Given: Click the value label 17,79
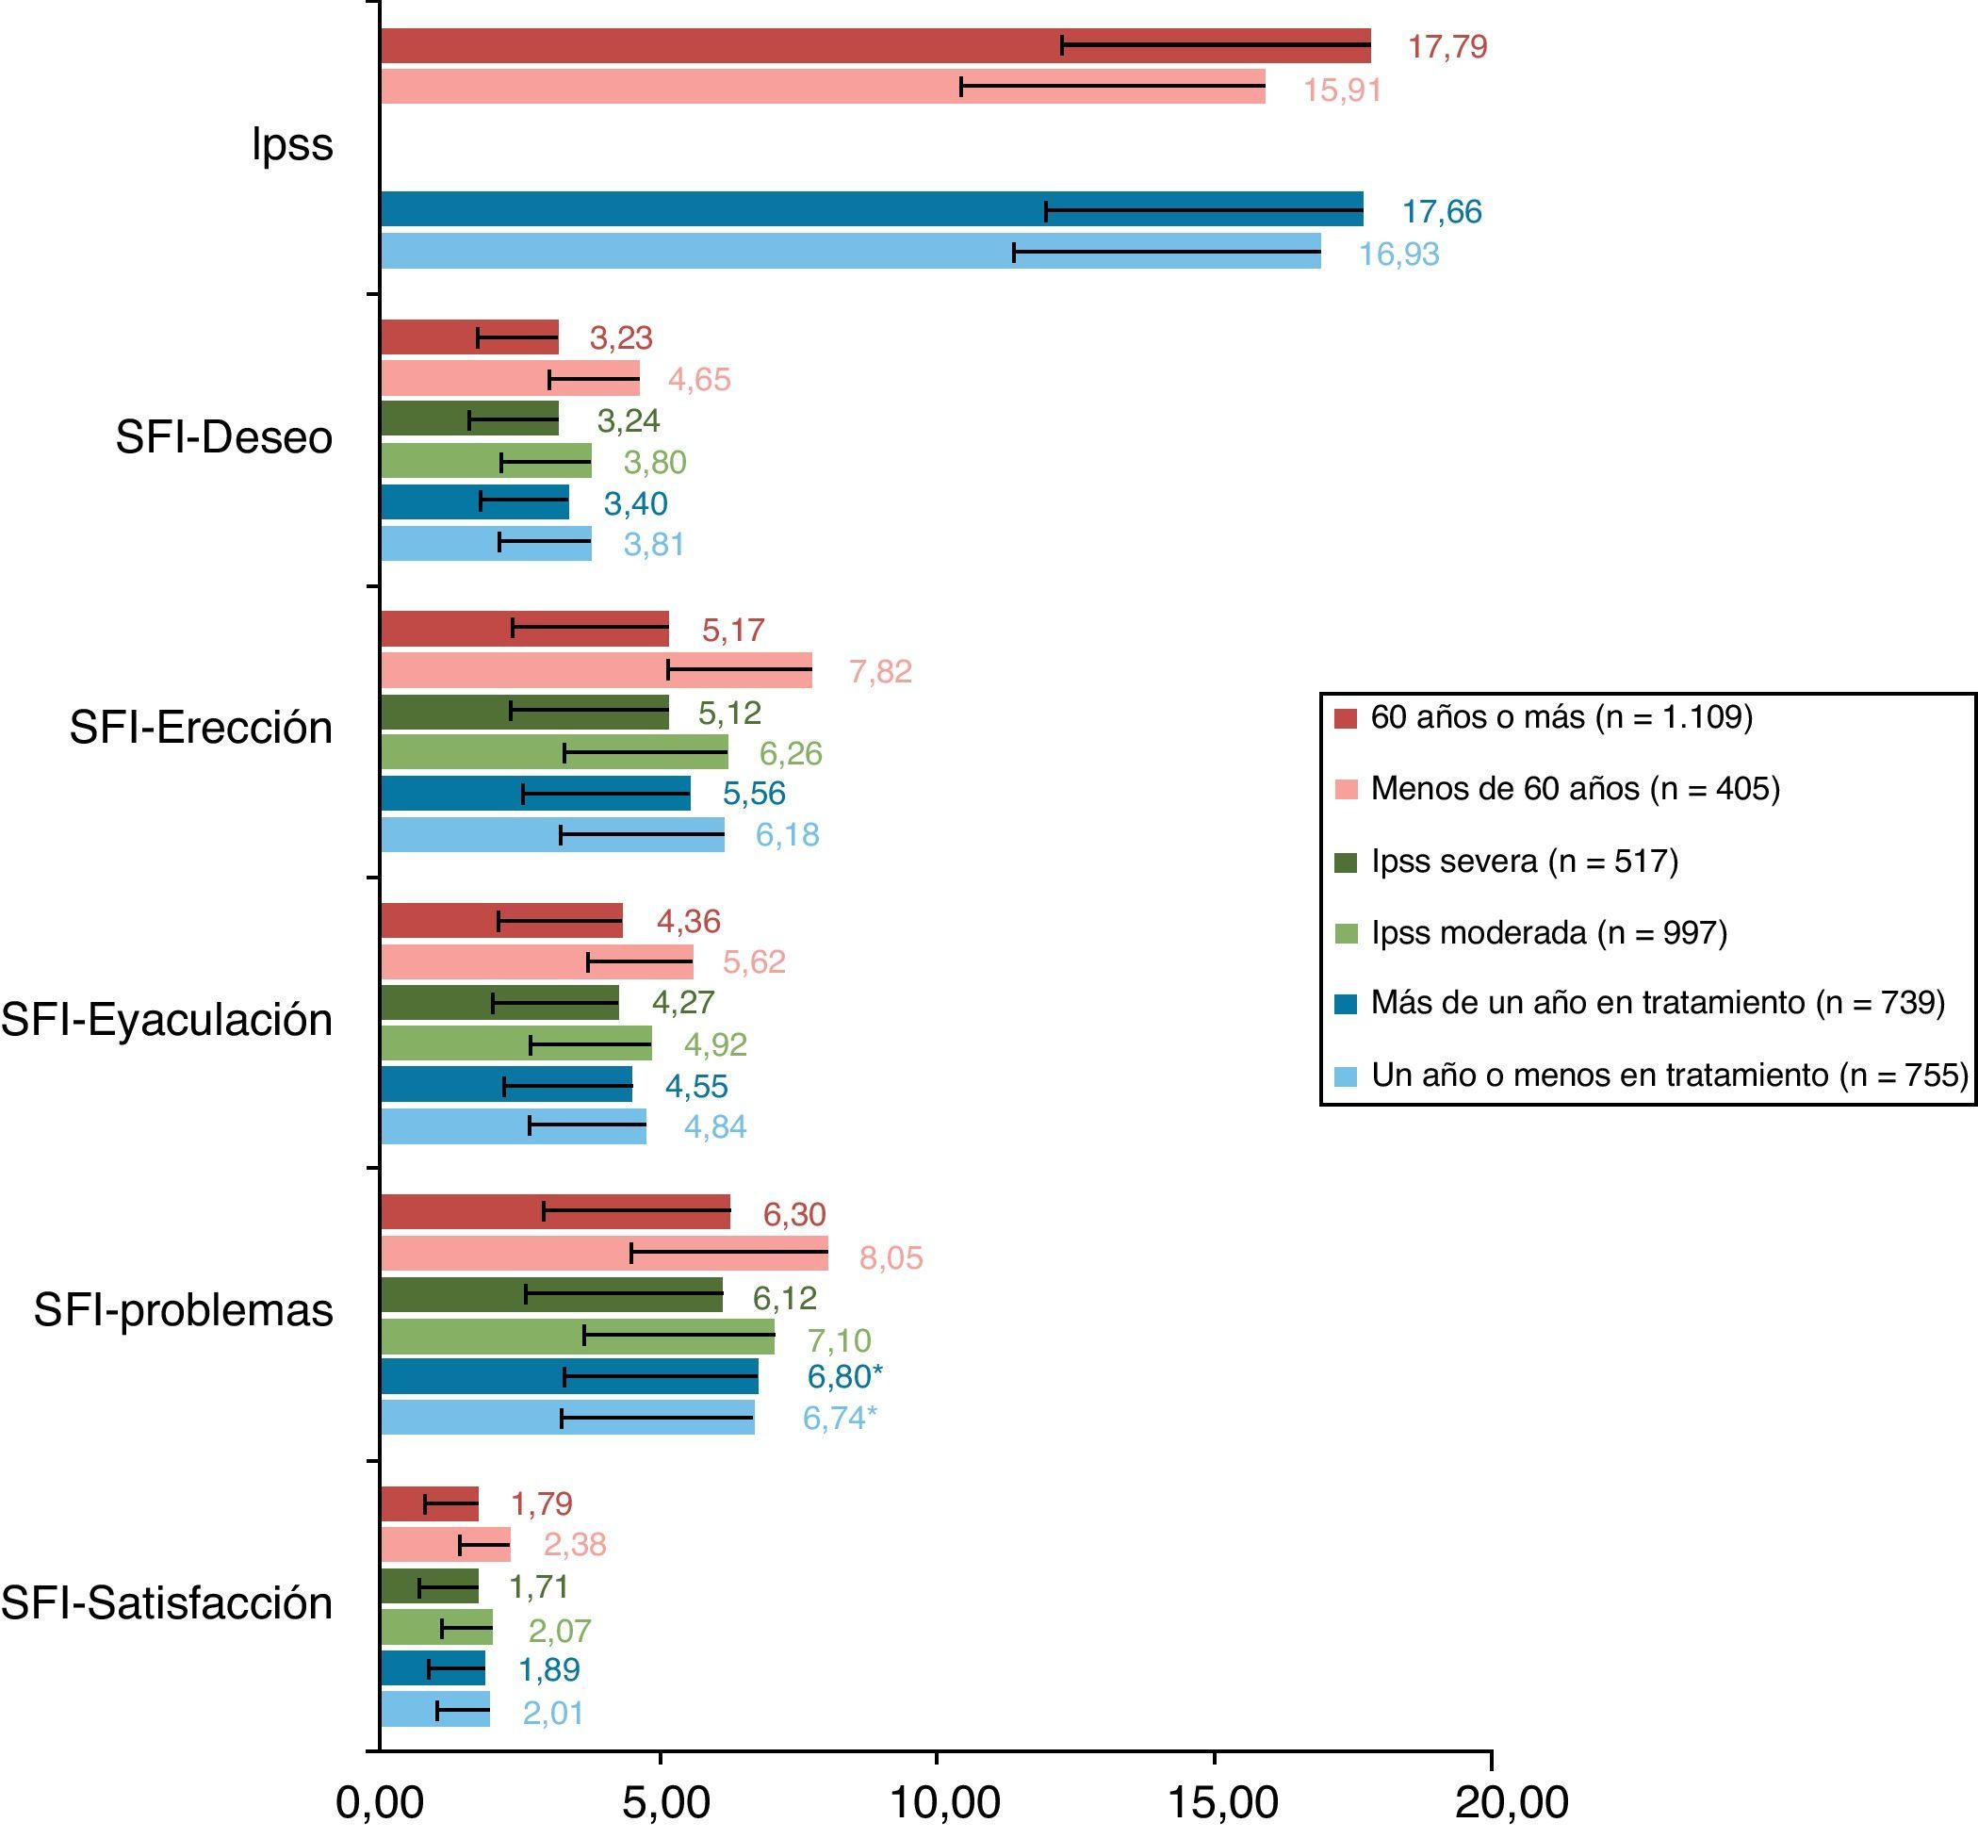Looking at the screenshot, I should [1447, 47].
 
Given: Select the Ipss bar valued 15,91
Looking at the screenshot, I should [822, 87].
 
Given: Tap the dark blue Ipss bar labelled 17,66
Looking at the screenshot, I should [871, 209].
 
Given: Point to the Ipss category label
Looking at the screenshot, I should [291, 144].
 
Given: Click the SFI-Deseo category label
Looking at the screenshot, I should [224, 438].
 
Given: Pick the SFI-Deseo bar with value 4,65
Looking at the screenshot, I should [510, 379].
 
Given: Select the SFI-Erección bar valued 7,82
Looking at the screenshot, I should [595, 671].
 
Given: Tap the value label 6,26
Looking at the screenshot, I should [790, 753].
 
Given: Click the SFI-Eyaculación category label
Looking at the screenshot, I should [166, 1020].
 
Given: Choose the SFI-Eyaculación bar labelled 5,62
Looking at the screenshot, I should [536, 962].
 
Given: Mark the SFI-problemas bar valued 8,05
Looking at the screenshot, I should [604, 1254].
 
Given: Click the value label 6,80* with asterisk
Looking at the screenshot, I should [843, 1377].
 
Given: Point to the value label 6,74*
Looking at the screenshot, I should [840, 1418].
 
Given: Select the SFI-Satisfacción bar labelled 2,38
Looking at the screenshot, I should [445, 1545].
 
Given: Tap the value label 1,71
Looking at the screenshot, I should [538, 1586].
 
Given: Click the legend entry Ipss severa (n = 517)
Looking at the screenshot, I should [1523, 861].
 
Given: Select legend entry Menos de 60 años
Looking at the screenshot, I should [1574, 789].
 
